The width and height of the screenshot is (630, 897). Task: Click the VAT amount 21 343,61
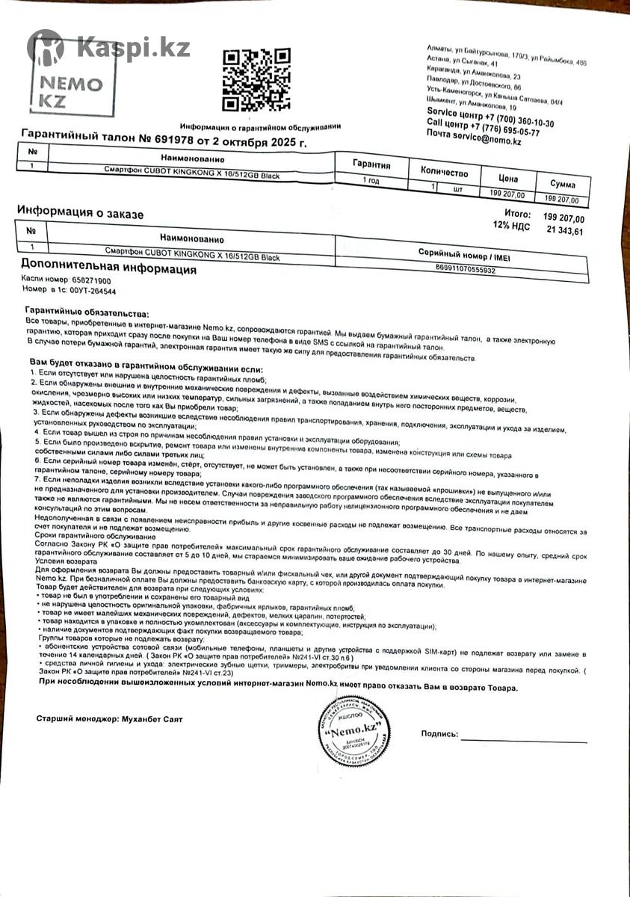(565, 231)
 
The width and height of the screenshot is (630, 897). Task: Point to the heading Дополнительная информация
(108, 266)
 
